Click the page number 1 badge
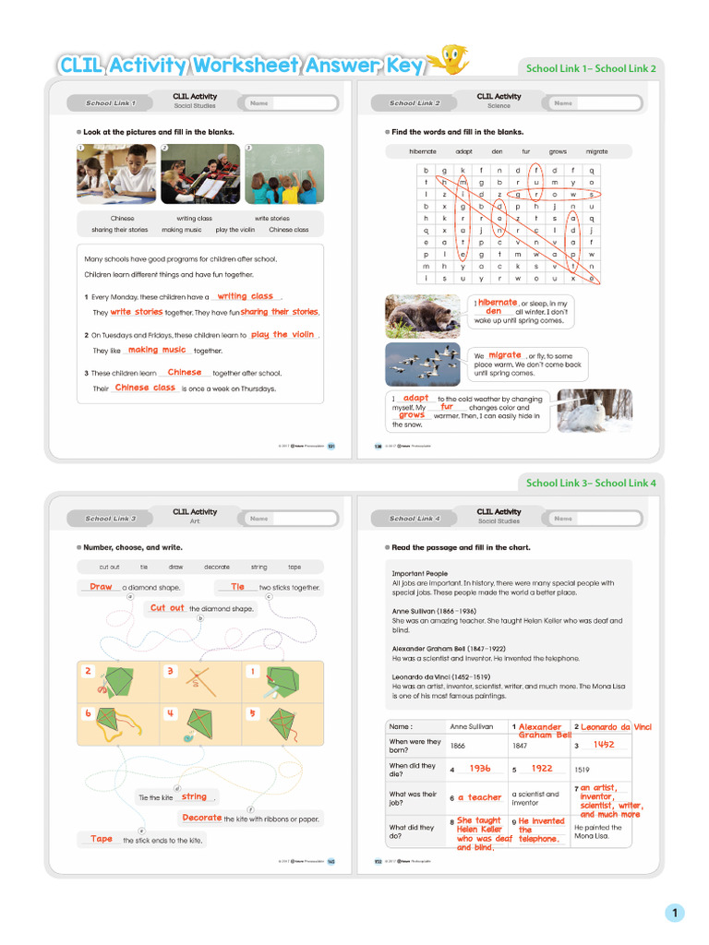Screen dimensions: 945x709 (x=675, y=914)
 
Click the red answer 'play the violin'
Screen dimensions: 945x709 (x=282, y=335)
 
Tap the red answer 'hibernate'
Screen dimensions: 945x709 (x=498, y=302)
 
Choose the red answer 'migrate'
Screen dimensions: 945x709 (x=505, y=354)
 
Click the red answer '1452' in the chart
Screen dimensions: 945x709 (x=604, y=744)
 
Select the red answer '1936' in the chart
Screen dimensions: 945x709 (x=480, y=768)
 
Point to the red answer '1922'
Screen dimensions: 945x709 (x=541, y=768)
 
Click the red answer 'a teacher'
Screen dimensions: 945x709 (x=480, y=797)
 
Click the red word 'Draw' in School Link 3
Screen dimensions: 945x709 (x=101, y=587)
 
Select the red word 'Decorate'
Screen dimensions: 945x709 (x=201, y=818)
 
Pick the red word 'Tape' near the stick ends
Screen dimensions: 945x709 (x=102, y=839)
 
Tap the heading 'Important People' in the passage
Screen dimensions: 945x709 (x=419, y=573)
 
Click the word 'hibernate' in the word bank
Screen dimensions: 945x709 (x=423, y=151)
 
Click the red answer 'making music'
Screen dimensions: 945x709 (x=157, y=350)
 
